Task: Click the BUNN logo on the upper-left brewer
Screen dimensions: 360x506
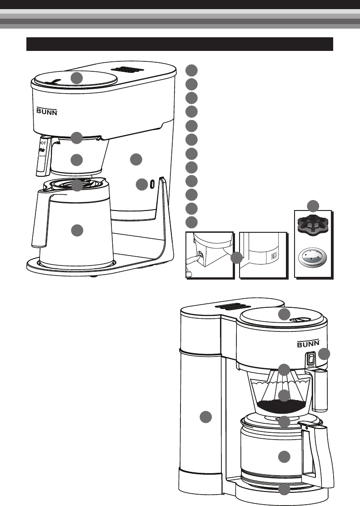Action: point(47,110)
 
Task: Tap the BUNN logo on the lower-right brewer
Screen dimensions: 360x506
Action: point(309,344)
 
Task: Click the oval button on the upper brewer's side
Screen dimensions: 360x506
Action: point(151,184)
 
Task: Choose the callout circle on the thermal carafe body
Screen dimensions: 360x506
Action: point(77,230)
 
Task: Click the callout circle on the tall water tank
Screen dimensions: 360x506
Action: point(206,416)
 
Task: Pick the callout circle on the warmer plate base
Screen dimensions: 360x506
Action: point(284,490)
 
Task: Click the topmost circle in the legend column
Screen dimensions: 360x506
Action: point(192,70)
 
